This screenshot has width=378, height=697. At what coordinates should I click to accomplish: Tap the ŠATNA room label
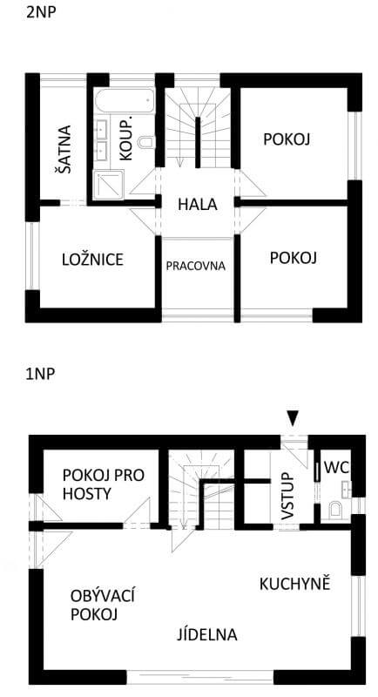click(64, 150)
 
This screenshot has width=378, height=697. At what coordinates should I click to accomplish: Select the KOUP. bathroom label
click(125, 138)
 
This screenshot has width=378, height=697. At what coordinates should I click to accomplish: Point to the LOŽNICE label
click(92, 260)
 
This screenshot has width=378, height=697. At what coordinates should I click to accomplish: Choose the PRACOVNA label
click(196, 266)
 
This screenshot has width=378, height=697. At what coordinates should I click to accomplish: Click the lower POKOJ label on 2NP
click(293, 258)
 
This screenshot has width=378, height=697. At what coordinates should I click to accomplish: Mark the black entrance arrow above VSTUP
click(294, 419)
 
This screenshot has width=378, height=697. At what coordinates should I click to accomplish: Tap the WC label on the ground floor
click(336, 468)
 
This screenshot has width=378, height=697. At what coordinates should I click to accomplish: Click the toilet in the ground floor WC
click(336, 509)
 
